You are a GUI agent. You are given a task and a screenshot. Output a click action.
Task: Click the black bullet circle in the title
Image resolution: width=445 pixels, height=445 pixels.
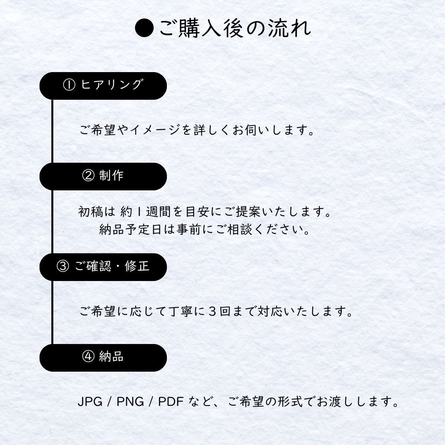[x=144, y=28]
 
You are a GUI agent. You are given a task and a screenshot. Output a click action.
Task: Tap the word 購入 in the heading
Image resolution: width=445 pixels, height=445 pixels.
[x=199, y=28]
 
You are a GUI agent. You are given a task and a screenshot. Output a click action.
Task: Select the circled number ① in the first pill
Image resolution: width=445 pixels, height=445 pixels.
[x=69, y=84]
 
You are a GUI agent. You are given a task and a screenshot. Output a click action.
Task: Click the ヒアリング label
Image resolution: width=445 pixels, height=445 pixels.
[x=111, y=84]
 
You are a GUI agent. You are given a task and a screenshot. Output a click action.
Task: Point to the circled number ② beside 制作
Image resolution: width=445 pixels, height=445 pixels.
[x=88, y=176]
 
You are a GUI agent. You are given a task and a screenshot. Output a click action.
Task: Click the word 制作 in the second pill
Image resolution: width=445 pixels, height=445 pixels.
[x=111, y=176]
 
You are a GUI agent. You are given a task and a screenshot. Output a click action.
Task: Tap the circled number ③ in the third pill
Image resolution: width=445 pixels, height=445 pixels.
[x=63, y=266]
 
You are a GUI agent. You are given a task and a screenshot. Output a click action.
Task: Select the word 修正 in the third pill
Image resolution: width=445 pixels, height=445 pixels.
[x=137, y=266]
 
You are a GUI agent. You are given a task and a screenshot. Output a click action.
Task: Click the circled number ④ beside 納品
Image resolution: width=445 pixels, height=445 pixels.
[x=88, y=356]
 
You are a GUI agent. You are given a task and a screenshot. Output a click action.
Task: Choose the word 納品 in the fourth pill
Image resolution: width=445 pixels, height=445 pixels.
[x=111, y=356]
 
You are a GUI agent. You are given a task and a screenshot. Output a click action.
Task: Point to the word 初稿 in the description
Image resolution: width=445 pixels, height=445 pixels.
[x=91, y=212]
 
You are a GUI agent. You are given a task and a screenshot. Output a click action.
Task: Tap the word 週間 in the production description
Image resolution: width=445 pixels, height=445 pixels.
[x=158, y=212]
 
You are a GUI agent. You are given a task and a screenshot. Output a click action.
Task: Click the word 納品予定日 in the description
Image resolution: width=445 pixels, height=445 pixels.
[x=130, y=230]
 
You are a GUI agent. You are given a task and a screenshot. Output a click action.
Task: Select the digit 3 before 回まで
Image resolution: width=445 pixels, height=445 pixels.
[x=212, y=311]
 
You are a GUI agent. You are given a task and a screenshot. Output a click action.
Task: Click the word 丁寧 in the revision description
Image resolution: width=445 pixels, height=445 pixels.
[x=181, y=311]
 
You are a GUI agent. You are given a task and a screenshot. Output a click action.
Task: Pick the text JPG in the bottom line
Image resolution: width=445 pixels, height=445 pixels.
[x=90, y=402]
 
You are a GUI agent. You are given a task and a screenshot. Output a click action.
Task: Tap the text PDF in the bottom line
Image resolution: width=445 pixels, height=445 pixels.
[x=171, y=402]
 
